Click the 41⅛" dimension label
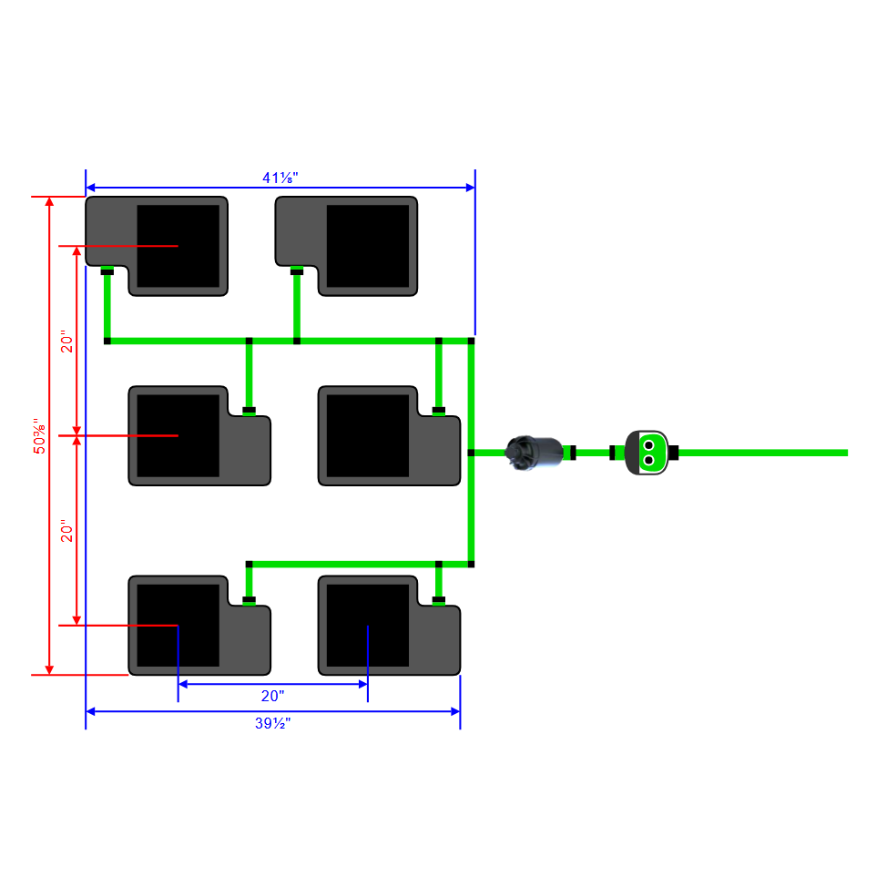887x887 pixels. (279, 178)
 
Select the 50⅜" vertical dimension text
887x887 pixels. (39, 436)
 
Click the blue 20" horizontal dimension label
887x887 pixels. (272, 695)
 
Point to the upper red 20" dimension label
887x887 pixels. (66, 342)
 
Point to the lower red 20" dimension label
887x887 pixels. (66, 532)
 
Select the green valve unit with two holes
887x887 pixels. (648, 453)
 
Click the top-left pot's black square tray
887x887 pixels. (178, 246)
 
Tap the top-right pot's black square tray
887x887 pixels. (368, 246)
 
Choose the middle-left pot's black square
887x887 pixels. (178, 435)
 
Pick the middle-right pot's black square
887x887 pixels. (368, 435)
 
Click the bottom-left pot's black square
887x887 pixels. (178, 625)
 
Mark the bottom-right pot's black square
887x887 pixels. (368, 625)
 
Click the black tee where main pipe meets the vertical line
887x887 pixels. (471, 452)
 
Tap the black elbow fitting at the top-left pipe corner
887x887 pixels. (107, 341)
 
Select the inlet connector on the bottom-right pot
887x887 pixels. (438, 599)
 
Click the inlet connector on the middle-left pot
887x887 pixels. (249, 410)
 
